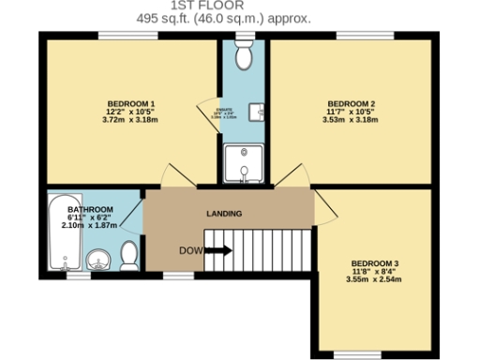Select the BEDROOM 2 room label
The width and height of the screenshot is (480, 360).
(352, 102)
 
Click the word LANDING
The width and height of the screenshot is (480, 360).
(224, 214)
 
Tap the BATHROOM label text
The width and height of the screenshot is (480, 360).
(90, 208)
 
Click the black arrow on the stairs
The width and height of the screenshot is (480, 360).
(218, 250)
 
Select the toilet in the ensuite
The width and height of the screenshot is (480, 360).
(245, 58)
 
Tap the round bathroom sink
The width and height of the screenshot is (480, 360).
(97, 259)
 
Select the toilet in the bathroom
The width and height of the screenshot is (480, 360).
(129, 254)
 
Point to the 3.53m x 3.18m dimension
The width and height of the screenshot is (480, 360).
(352, 120)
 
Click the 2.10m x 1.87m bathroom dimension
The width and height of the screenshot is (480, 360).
(90, 226)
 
